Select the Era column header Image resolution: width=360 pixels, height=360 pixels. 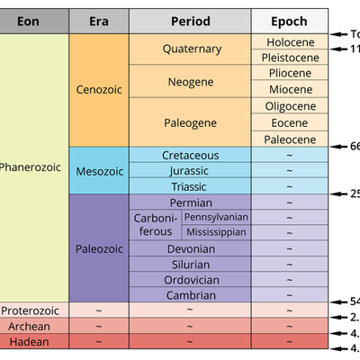coord(99,21)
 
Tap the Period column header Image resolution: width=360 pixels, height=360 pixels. coord(190,21)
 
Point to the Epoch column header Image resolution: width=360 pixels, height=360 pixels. coord(290,21)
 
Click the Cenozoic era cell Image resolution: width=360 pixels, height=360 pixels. coord(99,90)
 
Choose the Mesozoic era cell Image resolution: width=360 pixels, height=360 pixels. coord(99,171)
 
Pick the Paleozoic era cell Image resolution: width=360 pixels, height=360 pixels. coord(99,247)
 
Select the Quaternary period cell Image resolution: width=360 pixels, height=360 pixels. coord(190,49)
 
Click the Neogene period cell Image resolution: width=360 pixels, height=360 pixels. coord(190,82)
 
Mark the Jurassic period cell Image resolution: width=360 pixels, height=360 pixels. coord(190,171)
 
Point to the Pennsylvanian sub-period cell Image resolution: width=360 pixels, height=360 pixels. coord(217,217)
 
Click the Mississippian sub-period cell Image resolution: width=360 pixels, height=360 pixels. coord(217,232)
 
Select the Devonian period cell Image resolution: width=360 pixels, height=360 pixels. coord(190,248)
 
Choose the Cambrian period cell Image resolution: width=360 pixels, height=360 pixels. coord(190,294)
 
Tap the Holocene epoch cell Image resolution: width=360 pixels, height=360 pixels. coord(290,41)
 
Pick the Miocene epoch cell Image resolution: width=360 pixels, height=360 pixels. coord(290,90)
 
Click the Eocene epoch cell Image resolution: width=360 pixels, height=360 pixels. coord(290,122)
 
